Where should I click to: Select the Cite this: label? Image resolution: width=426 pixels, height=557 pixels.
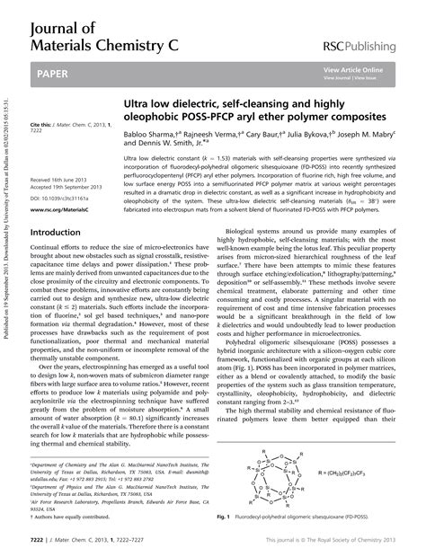coord(42,122)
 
